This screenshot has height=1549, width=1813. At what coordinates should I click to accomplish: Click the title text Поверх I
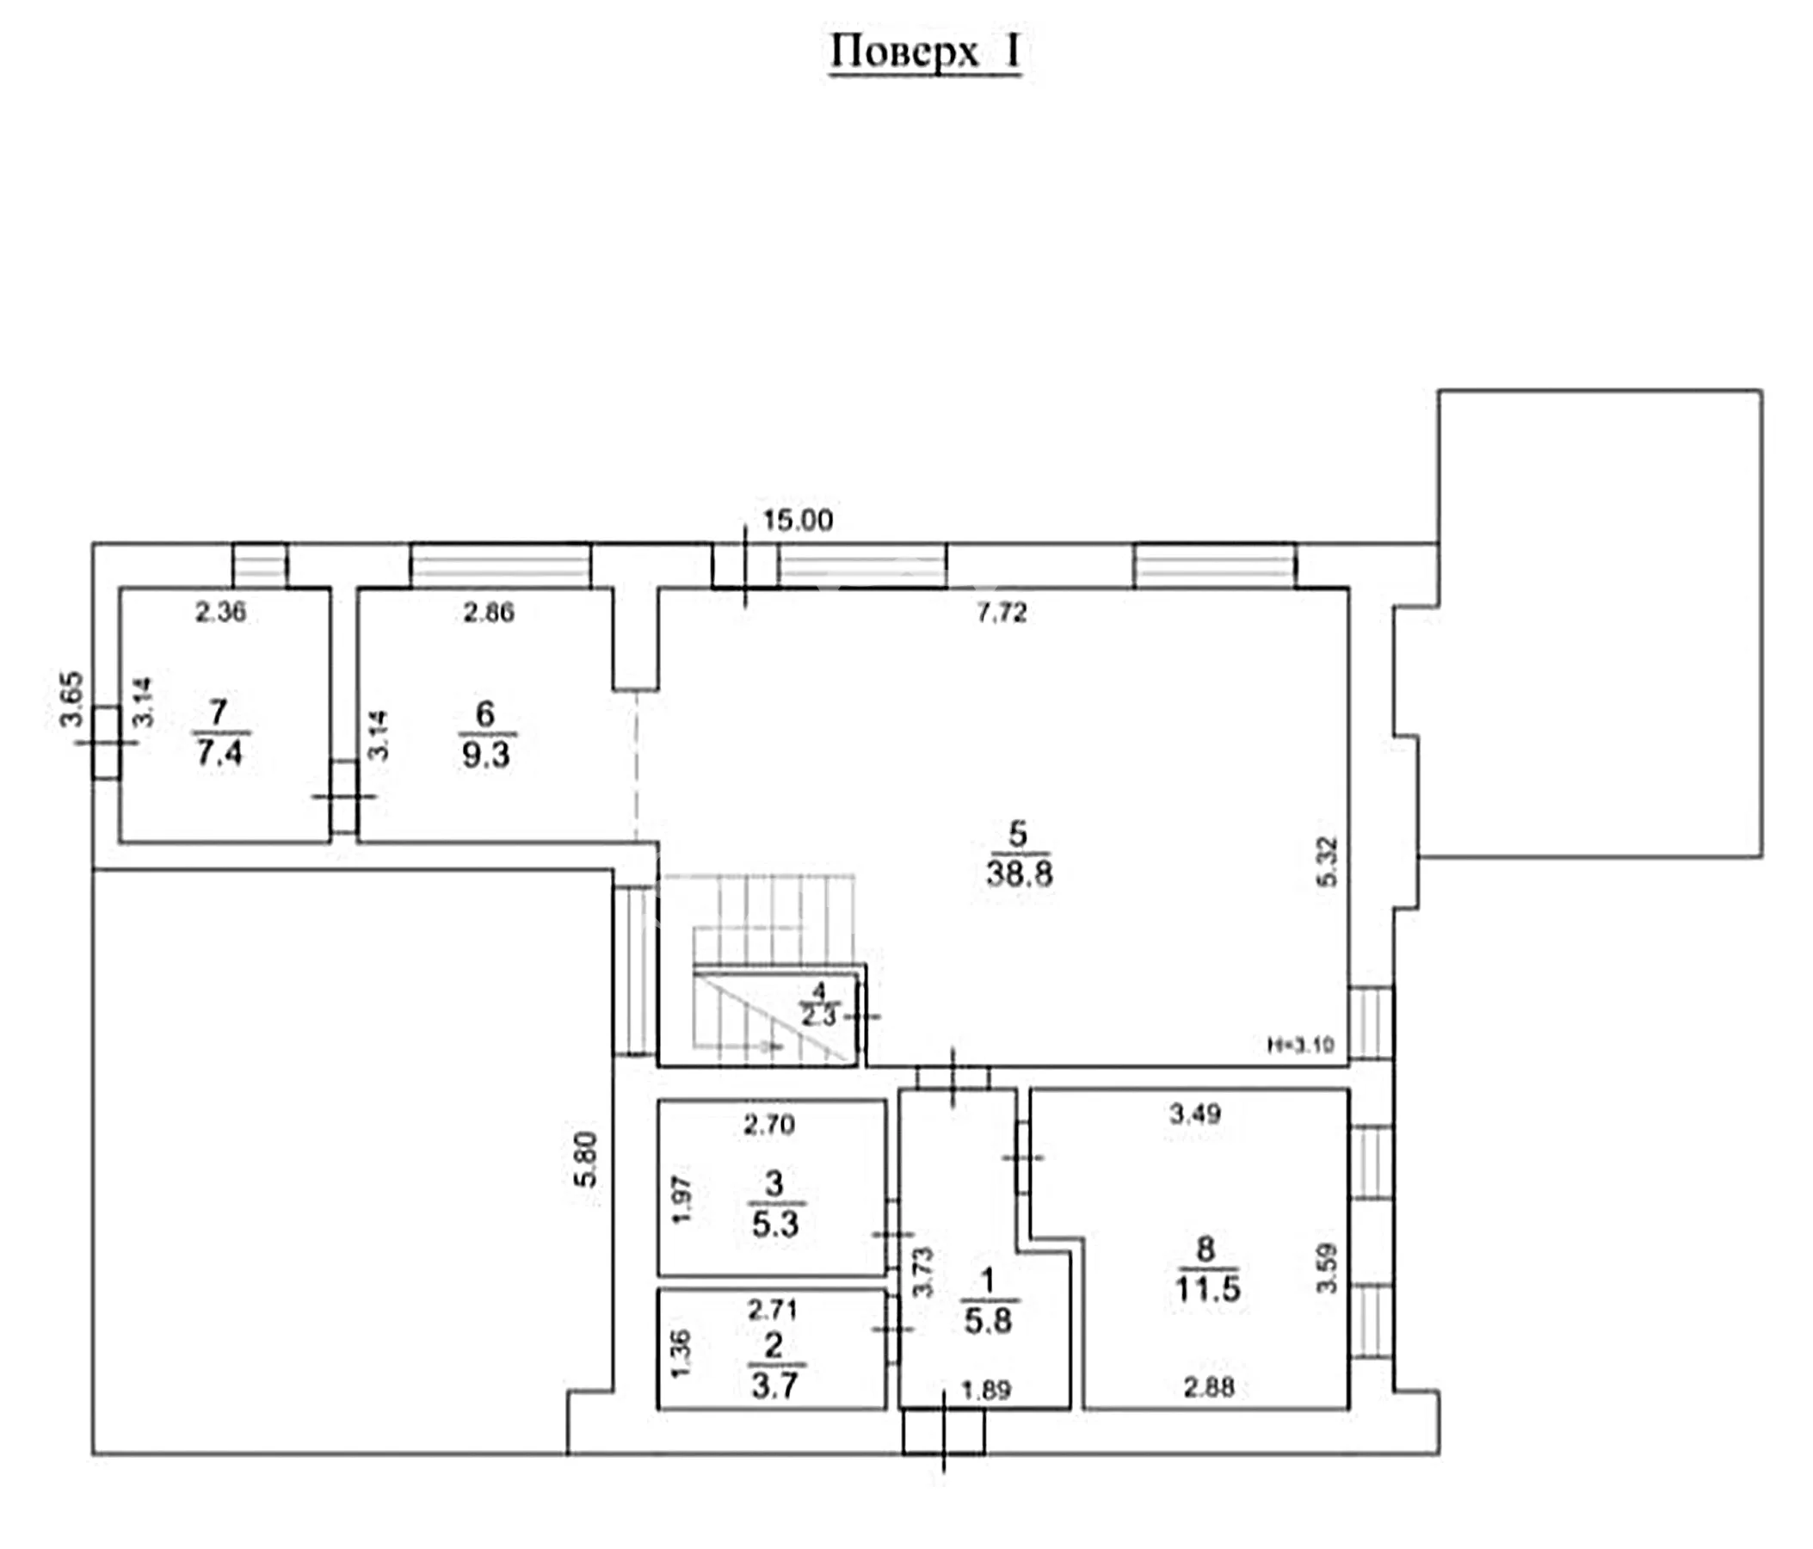pyautogui.click(x=925, y=52)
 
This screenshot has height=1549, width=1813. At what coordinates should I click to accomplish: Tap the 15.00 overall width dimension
pyautogui.click(x=797, y=521)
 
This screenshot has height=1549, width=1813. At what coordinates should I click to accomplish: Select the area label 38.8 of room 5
pyautogui.click(x=1020, y=873)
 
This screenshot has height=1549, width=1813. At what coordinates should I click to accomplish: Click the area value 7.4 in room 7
pyautogui.click(x=219, y=752)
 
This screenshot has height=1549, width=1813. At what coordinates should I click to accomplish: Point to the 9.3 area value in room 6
pyautogui.click(x=485, y=755)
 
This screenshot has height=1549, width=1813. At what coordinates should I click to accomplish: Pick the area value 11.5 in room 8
pyautogui.click(x=1207, y=1289)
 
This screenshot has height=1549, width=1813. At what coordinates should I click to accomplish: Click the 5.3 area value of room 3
pyautogui.click(x=775, y=1224)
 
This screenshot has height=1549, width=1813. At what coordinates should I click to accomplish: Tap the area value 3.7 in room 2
pyautogui.click(x=775, y=1385)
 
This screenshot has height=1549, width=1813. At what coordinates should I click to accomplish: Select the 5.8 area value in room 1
pyautogui.click(x=988, y=1321)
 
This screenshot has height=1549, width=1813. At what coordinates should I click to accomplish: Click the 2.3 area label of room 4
pyautogui.click(x=819, y=1017)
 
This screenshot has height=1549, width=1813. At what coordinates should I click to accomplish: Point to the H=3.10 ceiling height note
pyautogui.click(x=1301, y=1044)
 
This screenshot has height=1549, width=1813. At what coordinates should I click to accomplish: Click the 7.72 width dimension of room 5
pyautogui.click(x=1001, y=613)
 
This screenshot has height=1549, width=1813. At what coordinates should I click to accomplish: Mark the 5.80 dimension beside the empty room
pyautogui.click(x=585, y=1159)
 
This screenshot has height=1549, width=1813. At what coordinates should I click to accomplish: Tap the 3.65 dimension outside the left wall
pyautogui.click(x=71, y=700)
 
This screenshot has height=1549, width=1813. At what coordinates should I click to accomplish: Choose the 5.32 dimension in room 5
pyautogui.click(x=1328, y=862)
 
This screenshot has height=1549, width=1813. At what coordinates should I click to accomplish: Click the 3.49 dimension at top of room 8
pyautogui.click(x=1195, y=1114)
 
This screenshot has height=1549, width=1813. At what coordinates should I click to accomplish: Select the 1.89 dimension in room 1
pyautogui.click(x=986, y=1390)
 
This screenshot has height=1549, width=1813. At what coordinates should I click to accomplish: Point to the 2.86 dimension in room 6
pyautogui.click(x=488, y=612)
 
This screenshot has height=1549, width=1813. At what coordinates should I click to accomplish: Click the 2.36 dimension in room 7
pyautogui.click(x=220, y=612)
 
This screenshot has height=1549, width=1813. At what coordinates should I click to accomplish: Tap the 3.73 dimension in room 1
pyautogui.click(x=924, y=1273)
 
